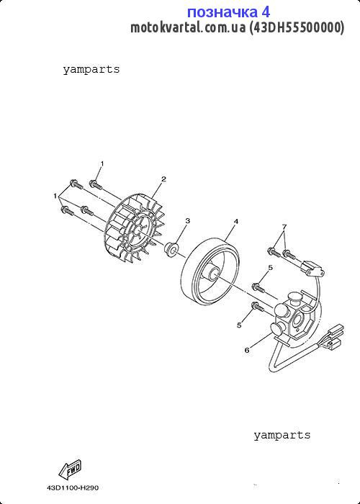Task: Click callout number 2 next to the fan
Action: [x=164, y=179]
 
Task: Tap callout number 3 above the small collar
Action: [x=188, y=220]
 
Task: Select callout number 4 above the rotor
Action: [x=236, y=222]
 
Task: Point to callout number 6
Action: [x=247, y=351]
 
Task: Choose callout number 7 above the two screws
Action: [x=284, y=227]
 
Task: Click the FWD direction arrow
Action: [x=70, y=470]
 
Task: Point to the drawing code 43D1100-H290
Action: [x=73, y=488]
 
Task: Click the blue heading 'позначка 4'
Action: [x=228, y=12]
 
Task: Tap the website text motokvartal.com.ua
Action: [x=188, y=27]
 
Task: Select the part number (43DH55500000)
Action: [x=297, y=27]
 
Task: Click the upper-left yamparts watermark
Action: [x=91, y=69]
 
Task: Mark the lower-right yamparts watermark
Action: [x=282, y=435]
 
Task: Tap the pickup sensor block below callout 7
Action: [x=312, y=268]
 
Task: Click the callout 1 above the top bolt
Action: [x=102, y=163]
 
